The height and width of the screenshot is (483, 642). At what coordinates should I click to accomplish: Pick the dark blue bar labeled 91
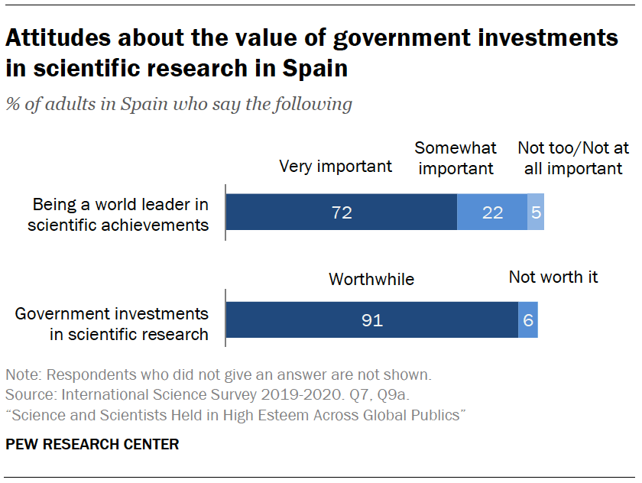pyautogui.click(x=371, y=320)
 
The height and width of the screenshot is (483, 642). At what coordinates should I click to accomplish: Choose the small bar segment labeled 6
pyautogui.click(x=528, y=320)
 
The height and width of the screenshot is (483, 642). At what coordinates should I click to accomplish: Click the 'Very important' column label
pyautogui.click(x=336, y=166)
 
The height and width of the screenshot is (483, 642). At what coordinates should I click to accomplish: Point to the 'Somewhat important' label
pyautogui.click(x=456, y=157)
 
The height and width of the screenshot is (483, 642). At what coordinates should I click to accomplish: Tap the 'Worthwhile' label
pyautogui.click(x=371, y=279)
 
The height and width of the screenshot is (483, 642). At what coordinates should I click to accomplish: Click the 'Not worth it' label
pyautogui.click(x=553, y=277)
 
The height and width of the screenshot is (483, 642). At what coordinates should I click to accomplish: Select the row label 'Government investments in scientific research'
pyautogui.click(x=112, y=323)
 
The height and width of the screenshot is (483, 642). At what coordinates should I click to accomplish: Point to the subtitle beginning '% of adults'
pyautogui.click(x=179, y=104)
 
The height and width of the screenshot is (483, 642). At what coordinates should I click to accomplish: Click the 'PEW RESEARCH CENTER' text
pyautogui.click(x=92, y=444)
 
